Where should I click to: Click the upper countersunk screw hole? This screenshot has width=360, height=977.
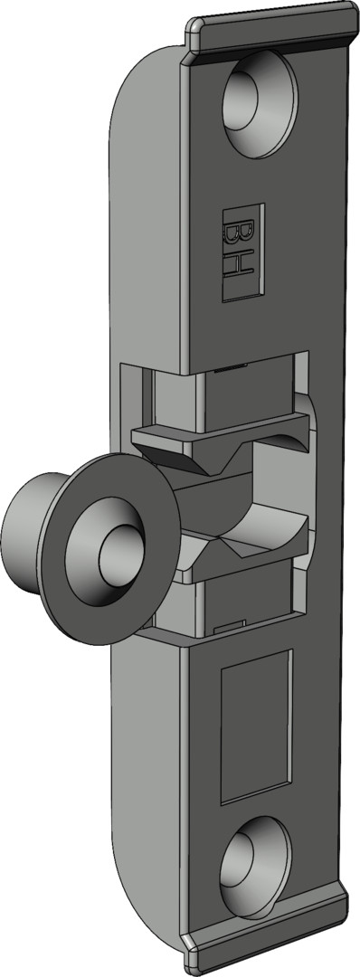coord(260,103)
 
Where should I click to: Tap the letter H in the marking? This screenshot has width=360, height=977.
coord(240,268)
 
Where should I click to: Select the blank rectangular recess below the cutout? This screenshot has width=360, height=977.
coord(256,726)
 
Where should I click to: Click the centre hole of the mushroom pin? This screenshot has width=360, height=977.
coord(119,554)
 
